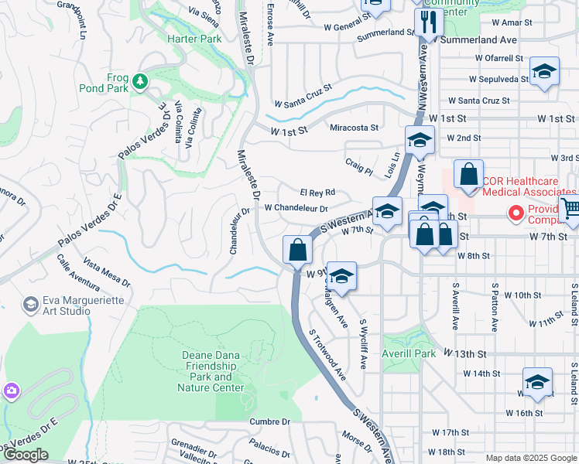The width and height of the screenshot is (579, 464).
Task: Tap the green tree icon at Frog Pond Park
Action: [x=139, y=80]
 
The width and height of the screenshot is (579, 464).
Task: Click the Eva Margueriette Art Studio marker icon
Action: [x=31, y=304]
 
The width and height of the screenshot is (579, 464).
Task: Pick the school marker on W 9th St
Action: [x=341, y=276]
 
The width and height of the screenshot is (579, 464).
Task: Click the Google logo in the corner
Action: [x=26, y=455]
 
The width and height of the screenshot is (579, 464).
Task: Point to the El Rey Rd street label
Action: [x=317, y=192]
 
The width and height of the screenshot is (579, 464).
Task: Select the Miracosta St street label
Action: [x=355, y=128]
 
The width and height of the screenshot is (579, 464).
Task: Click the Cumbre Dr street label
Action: [x=269, y=421]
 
